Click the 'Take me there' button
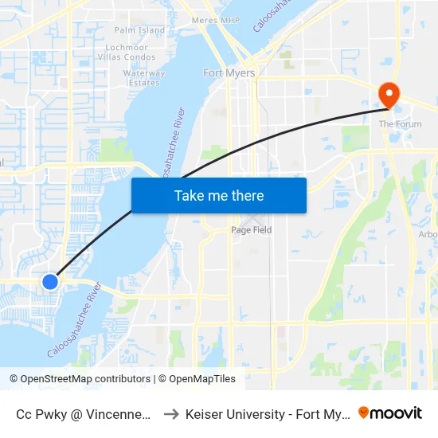219,195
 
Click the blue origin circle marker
50,281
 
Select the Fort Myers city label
229,73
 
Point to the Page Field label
251,230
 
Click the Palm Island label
139,30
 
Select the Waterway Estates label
144,77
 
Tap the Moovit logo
390,413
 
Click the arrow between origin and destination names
171,414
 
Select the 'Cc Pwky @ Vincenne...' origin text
84,414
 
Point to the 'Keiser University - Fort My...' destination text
267,414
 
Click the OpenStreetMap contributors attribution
80,379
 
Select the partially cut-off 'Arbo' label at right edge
428,235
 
